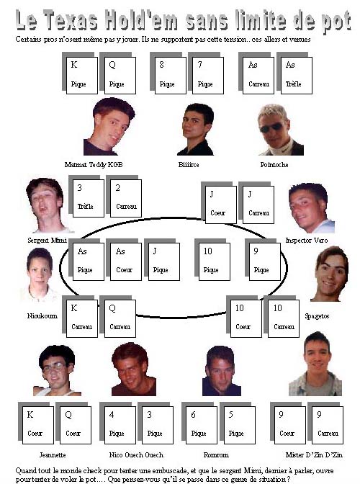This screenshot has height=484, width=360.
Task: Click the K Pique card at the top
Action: [82, 76]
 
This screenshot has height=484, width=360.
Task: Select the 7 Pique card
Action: [208, 76]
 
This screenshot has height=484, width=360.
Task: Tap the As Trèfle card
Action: [296, 76]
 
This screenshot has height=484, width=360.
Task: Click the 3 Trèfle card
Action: [89, 198]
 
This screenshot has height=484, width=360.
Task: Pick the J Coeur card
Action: [221, 205]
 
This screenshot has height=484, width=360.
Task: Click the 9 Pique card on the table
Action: [265, 261]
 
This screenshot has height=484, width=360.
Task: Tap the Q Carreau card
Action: [120, 318]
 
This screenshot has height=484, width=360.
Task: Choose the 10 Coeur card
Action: [246, 318]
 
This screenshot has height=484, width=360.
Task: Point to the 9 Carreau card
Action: [328, 425]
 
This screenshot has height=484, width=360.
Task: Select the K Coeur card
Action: [38, 425]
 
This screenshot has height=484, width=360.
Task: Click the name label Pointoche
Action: [274, 164]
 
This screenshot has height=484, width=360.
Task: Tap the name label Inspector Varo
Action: [307, 240]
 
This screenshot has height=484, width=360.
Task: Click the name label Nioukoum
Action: [42, 315]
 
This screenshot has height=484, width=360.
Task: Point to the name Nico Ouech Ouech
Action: [136, 454]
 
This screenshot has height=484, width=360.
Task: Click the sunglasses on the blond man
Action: [271, 127]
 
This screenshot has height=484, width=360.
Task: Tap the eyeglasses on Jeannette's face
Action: [54, 367]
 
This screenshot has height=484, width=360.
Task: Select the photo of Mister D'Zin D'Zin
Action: [315, 364]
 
